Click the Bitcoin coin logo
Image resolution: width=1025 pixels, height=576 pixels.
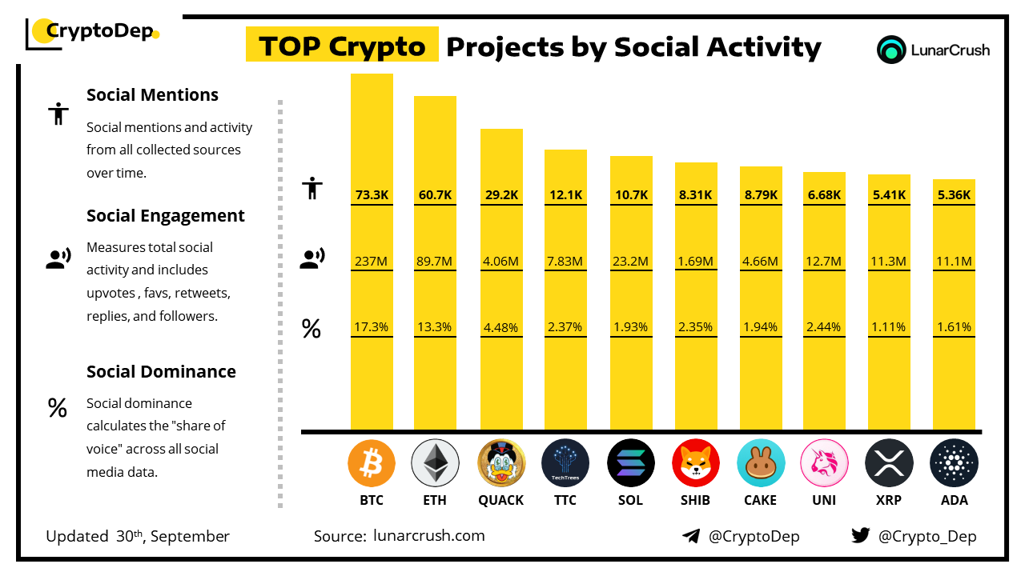pyautogui.click(x=372, y=463)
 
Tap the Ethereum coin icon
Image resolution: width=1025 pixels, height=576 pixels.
pyautogui.click(x=435, y=463)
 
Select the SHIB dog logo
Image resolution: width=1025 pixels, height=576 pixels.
pyautogui.click(x=696, y=463)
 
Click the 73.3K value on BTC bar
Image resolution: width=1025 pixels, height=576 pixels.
pyautogui.click(x=372, y=194)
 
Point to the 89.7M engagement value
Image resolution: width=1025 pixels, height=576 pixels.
pyautogui.click(x=435, y=261)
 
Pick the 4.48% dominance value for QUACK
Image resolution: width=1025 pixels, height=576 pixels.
pyautogui.click(x=501, y=327)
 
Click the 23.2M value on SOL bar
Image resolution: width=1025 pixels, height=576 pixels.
pyautogui.click(x=631, y=261)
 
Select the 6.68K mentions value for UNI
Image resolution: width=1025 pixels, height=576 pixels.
pyautogui.click(x=824, y=194)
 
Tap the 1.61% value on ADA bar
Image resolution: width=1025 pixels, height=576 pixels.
pyautogui.click(x=954, y=327)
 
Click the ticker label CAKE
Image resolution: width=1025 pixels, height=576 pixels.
pyautogui.click(x=760, y=500)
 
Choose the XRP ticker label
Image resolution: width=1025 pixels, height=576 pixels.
pyautogui.click(x=889, y=500)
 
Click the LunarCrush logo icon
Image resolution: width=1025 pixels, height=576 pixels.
pyautogui.click(x=891, y=50)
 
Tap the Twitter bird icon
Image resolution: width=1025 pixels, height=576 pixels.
pyautogui.click(x=860, y=536)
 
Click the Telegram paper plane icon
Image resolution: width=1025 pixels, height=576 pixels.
pyautogui.click(x=691, y=536)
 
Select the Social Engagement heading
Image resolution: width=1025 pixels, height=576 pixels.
pyautogui.click(x=166, y=216)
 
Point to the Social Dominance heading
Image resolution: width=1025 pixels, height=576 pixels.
pyautogui.click(x=161, y=372)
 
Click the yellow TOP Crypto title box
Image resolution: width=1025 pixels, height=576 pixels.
pyautogui.click(x=342, y=46)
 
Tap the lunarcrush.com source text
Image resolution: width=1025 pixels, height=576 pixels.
pyautogui.click(x=429, y=536)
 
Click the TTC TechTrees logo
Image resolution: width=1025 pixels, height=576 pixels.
pyautogui.click(x=565, y=463)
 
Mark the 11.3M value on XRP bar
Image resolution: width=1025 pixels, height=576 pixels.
pyautogui.click(x=889, y=261)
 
